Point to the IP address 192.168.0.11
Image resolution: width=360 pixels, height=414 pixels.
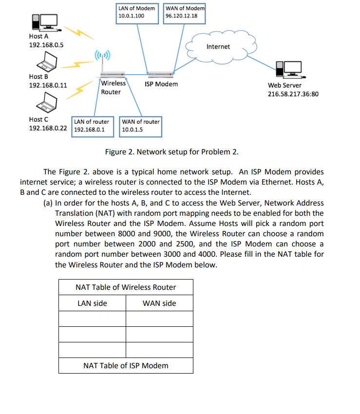pyautogui.click(x=48, y=85)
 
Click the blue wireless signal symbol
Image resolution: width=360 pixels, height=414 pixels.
pyautogui.click(x=103, y=55)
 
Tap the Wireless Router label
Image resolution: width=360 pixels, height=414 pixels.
pyautogui.click(x=113, y=88)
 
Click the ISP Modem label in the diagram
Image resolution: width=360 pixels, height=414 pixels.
pyautogui.click(x=161, y=84)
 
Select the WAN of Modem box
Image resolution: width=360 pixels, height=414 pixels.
pyautogui.click(x=185, y=12)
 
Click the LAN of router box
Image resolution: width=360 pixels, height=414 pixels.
pyautogui.click(x=93, y=126)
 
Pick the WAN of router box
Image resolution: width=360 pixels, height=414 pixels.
pyautogui.click(x=140, y=126)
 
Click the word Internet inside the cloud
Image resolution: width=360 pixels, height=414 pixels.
pyautogui.click(x=218, y=47)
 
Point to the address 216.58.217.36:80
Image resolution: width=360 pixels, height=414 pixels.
pyautogui.click(x=293, y=94)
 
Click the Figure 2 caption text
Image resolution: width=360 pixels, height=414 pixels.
pyautogui.click(x=172, y=151)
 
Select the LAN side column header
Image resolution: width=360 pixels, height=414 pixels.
pyautogui.click(x=93, y=303)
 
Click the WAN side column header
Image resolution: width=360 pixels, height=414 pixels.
pyautogui.click(x=159, y=303)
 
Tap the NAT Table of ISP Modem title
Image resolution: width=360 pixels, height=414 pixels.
pyautogui.click(x=126, y=365)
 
